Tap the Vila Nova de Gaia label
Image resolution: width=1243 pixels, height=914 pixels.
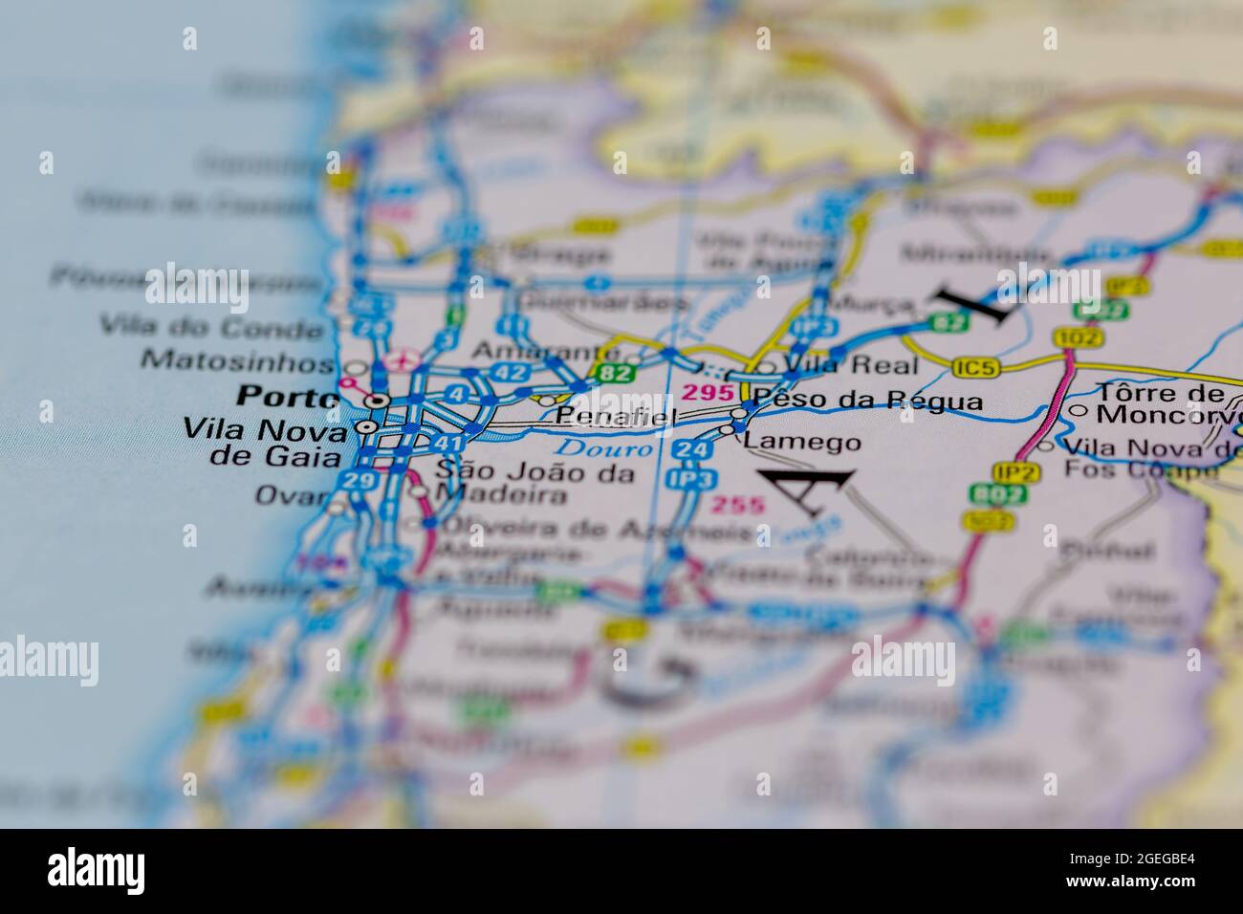[x=263, y=442]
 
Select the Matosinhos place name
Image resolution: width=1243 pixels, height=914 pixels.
[x=237, y=360]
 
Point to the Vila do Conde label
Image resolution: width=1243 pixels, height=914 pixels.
[x=212, y=328]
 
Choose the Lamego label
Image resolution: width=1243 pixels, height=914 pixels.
[x=802, y=442]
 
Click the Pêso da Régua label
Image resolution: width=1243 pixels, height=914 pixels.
[x=867, y=400]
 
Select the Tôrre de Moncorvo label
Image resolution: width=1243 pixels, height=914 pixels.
[x=1160, y=403]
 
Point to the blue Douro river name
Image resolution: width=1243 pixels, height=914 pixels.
[x=605, y=447]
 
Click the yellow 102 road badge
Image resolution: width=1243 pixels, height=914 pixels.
[x=1078, y=337]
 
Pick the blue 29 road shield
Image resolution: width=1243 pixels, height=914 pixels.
[x=359, y=480]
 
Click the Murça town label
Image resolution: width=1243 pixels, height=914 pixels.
[x=872, y=304]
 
